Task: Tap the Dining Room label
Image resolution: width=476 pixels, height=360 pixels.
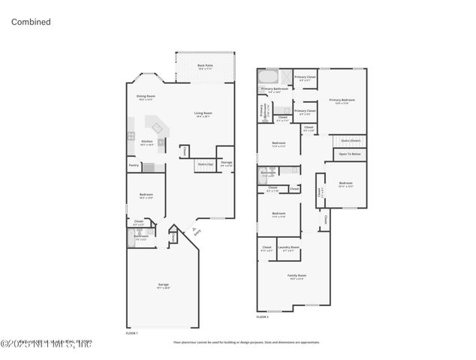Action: (x=146, y=97)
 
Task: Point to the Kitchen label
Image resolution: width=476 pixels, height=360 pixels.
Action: (x=147, y=142)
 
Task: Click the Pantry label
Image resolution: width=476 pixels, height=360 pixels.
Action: (x=134, y=165)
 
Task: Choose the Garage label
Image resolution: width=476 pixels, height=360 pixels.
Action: (x=163, y=286)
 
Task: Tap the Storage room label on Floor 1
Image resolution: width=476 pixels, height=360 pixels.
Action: (x=226, y=163)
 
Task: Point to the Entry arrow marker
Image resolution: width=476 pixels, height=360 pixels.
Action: (x=194, y=229)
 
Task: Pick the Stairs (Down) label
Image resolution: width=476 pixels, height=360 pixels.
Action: (x=351, y=140)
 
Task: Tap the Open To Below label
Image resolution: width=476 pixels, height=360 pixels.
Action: (x=351, y=154)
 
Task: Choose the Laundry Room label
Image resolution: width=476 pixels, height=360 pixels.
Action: (x=288, y=248)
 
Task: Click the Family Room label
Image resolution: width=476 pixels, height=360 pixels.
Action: (x=297, y=276)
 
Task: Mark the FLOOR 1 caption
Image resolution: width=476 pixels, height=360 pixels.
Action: (x=132, y=331)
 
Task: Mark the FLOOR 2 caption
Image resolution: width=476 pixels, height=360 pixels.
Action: (x=263, y=318)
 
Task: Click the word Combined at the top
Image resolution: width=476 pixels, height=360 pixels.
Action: (x=31, y=22)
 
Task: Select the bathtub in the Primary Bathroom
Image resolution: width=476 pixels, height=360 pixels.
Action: (x=268, y=77)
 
